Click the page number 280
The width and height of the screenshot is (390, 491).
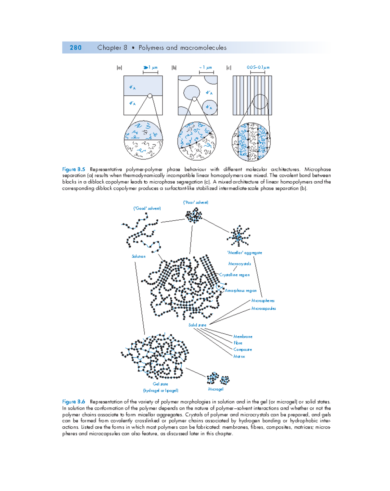[75, 48]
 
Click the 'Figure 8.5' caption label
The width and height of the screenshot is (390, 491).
[73, 169]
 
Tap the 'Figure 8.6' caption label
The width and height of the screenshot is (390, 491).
[73, 402]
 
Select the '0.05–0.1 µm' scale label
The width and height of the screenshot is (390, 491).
[258, 68]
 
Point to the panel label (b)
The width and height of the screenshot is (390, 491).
[174, 68]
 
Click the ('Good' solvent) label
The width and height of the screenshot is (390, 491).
[147, 208]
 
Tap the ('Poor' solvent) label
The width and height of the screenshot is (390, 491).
[196, 202]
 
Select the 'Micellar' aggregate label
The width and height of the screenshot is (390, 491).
[245, 252]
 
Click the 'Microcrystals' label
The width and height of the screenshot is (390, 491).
[240, 264]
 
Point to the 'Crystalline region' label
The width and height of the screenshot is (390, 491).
[234, 275]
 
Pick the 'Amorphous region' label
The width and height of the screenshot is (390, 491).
[241, 291]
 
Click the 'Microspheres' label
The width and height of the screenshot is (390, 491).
[263, 301]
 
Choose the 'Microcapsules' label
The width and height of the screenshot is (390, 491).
[264, 308]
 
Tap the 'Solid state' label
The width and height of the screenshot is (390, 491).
[197, 325]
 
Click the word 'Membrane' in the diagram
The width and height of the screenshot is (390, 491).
[243, 337]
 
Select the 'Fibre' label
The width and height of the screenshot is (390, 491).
[238, 343]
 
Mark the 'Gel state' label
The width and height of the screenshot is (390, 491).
[161, 384]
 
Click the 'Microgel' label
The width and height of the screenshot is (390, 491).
[216, 389]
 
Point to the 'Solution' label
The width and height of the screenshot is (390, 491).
[138, 256]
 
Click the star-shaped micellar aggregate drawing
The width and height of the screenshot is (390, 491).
[239, 236]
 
